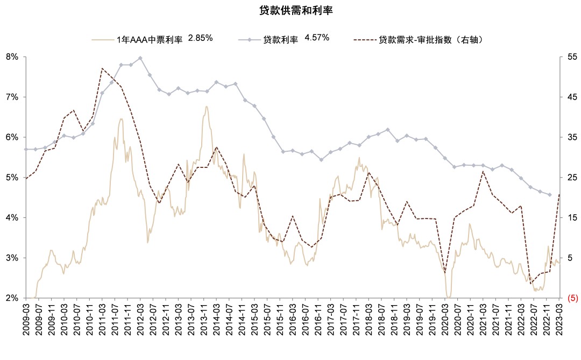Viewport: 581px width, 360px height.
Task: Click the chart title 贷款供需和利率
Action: [290, 11]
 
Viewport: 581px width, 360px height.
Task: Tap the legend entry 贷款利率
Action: [280, 39]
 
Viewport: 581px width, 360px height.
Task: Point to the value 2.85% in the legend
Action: [201, 38]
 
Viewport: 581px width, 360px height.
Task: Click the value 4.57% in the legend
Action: [317, 38]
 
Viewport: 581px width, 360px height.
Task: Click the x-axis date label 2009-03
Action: [26, 321]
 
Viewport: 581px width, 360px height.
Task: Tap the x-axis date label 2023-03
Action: [559, 321]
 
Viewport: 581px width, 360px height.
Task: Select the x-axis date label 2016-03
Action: [293, 321]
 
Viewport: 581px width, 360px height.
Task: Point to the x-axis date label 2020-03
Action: [445, 321]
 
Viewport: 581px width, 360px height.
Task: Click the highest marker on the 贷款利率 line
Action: [140, 58]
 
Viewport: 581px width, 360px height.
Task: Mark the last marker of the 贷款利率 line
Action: [550, 195]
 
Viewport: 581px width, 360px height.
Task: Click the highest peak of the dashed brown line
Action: [102, 68]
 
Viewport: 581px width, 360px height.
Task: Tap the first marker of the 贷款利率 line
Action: [26, 149]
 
